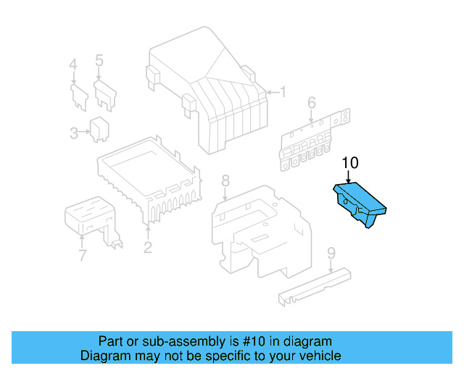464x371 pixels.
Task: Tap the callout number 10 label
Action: pos(349,163)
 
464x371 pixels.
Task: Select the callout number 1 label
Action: pos(283,92)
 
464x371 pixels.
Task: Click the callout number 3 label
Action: pos(74,132)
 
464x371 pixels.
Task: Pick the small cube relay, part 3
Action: pos(99,127)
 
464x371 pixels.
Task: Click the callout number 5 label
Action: pos(99,60)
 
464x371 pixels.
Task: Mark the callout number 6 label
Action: pos(312,103)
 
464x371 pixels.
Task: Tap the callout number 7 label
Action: pos(82,255)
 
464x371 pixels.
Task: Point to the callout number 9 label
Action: pos(331,253)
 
